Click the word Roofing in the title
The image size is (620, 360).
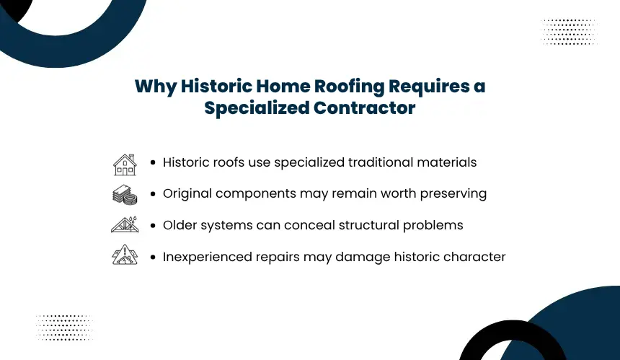click(349, 87)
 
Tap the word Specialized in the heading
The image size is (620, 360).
click(256, 108)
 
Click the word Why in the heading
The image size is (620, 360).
click(156, 87)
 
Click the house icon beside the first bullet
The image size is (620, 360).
click(125, 164)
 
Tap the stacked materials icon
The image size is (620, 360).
click(125, 195)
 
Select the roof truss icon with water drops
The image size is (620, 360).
click(125, 224)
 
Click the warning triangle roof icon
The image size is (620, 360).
click(125, 255)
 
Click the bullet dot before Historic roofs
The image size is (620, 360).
click(153, 162)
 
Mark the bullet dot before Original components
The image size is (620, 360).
click(153, 194)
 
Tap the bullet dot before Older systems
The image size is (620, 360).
click(153, 226)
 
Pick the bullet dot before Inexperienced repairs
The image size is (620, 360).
click(153, 257)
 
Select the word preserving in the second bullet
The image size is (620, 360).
click(453, 194)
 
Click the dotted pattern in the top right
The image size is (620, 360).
click(569, 32)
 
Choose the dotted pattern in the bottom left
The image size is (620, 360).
click(64, 328)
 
